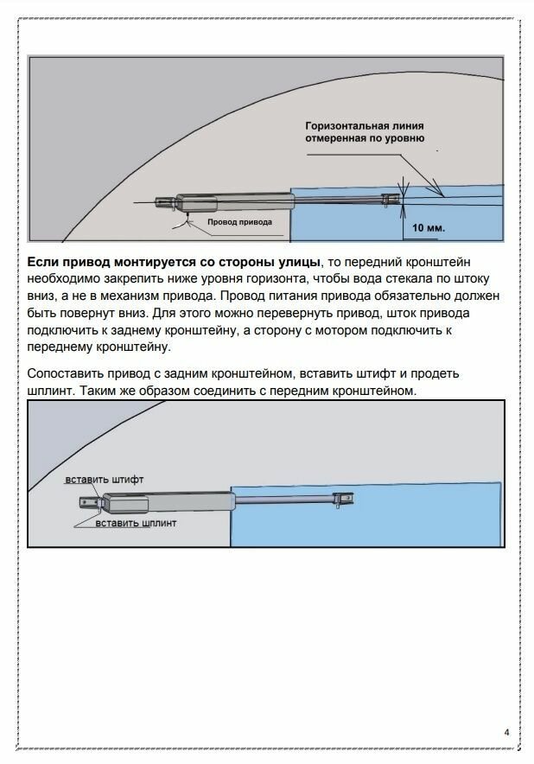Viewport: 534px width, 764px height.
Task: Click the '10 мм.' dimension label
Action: (427, 228)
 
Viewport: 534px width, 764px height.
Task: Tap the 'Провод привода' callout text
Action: (238, 222)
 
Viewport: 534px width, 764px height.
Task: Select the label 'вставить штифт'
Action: (105, 479)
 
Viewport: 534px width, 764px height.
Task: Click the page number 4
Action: (507, 734)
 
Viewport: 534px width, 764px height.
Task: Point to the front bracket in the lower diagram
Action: (345, 500)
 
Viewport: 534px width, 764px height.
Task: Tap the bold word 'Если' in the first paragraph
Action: (43, 262)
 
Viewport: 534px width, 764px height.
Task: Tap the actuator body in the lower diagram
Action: (168, 501)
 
